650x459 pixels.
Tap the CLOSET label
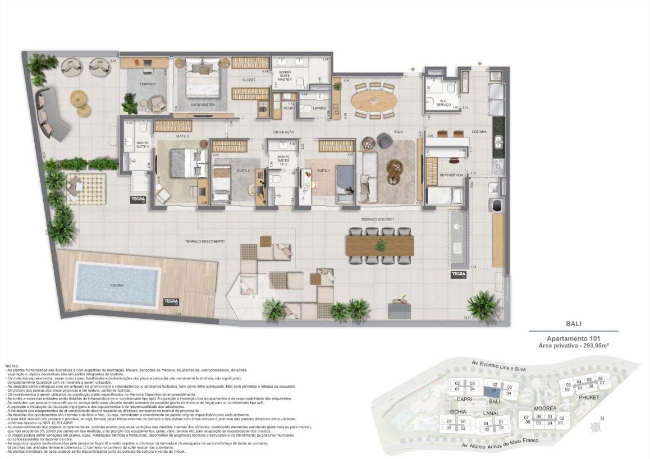coord(249,80)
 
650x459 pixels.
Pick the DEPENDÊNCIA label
coord(451,175)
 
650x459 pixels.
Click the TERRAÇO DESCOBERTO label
coord(205,241)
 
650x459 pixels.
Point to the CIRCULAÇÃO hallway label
coord(283,132)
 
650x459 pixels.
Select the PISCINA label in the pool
coord(116,286)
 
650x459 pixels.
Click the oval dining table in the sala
coord(373,100)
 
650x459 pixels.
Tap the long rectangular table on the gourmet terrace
coord(381,246)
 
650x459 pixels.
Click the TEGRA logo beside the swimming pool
coord(171,302)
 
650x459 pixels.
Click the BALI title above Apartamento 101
coord(573,324)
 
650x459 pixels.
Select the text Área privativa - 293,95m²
coord(573,346)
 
